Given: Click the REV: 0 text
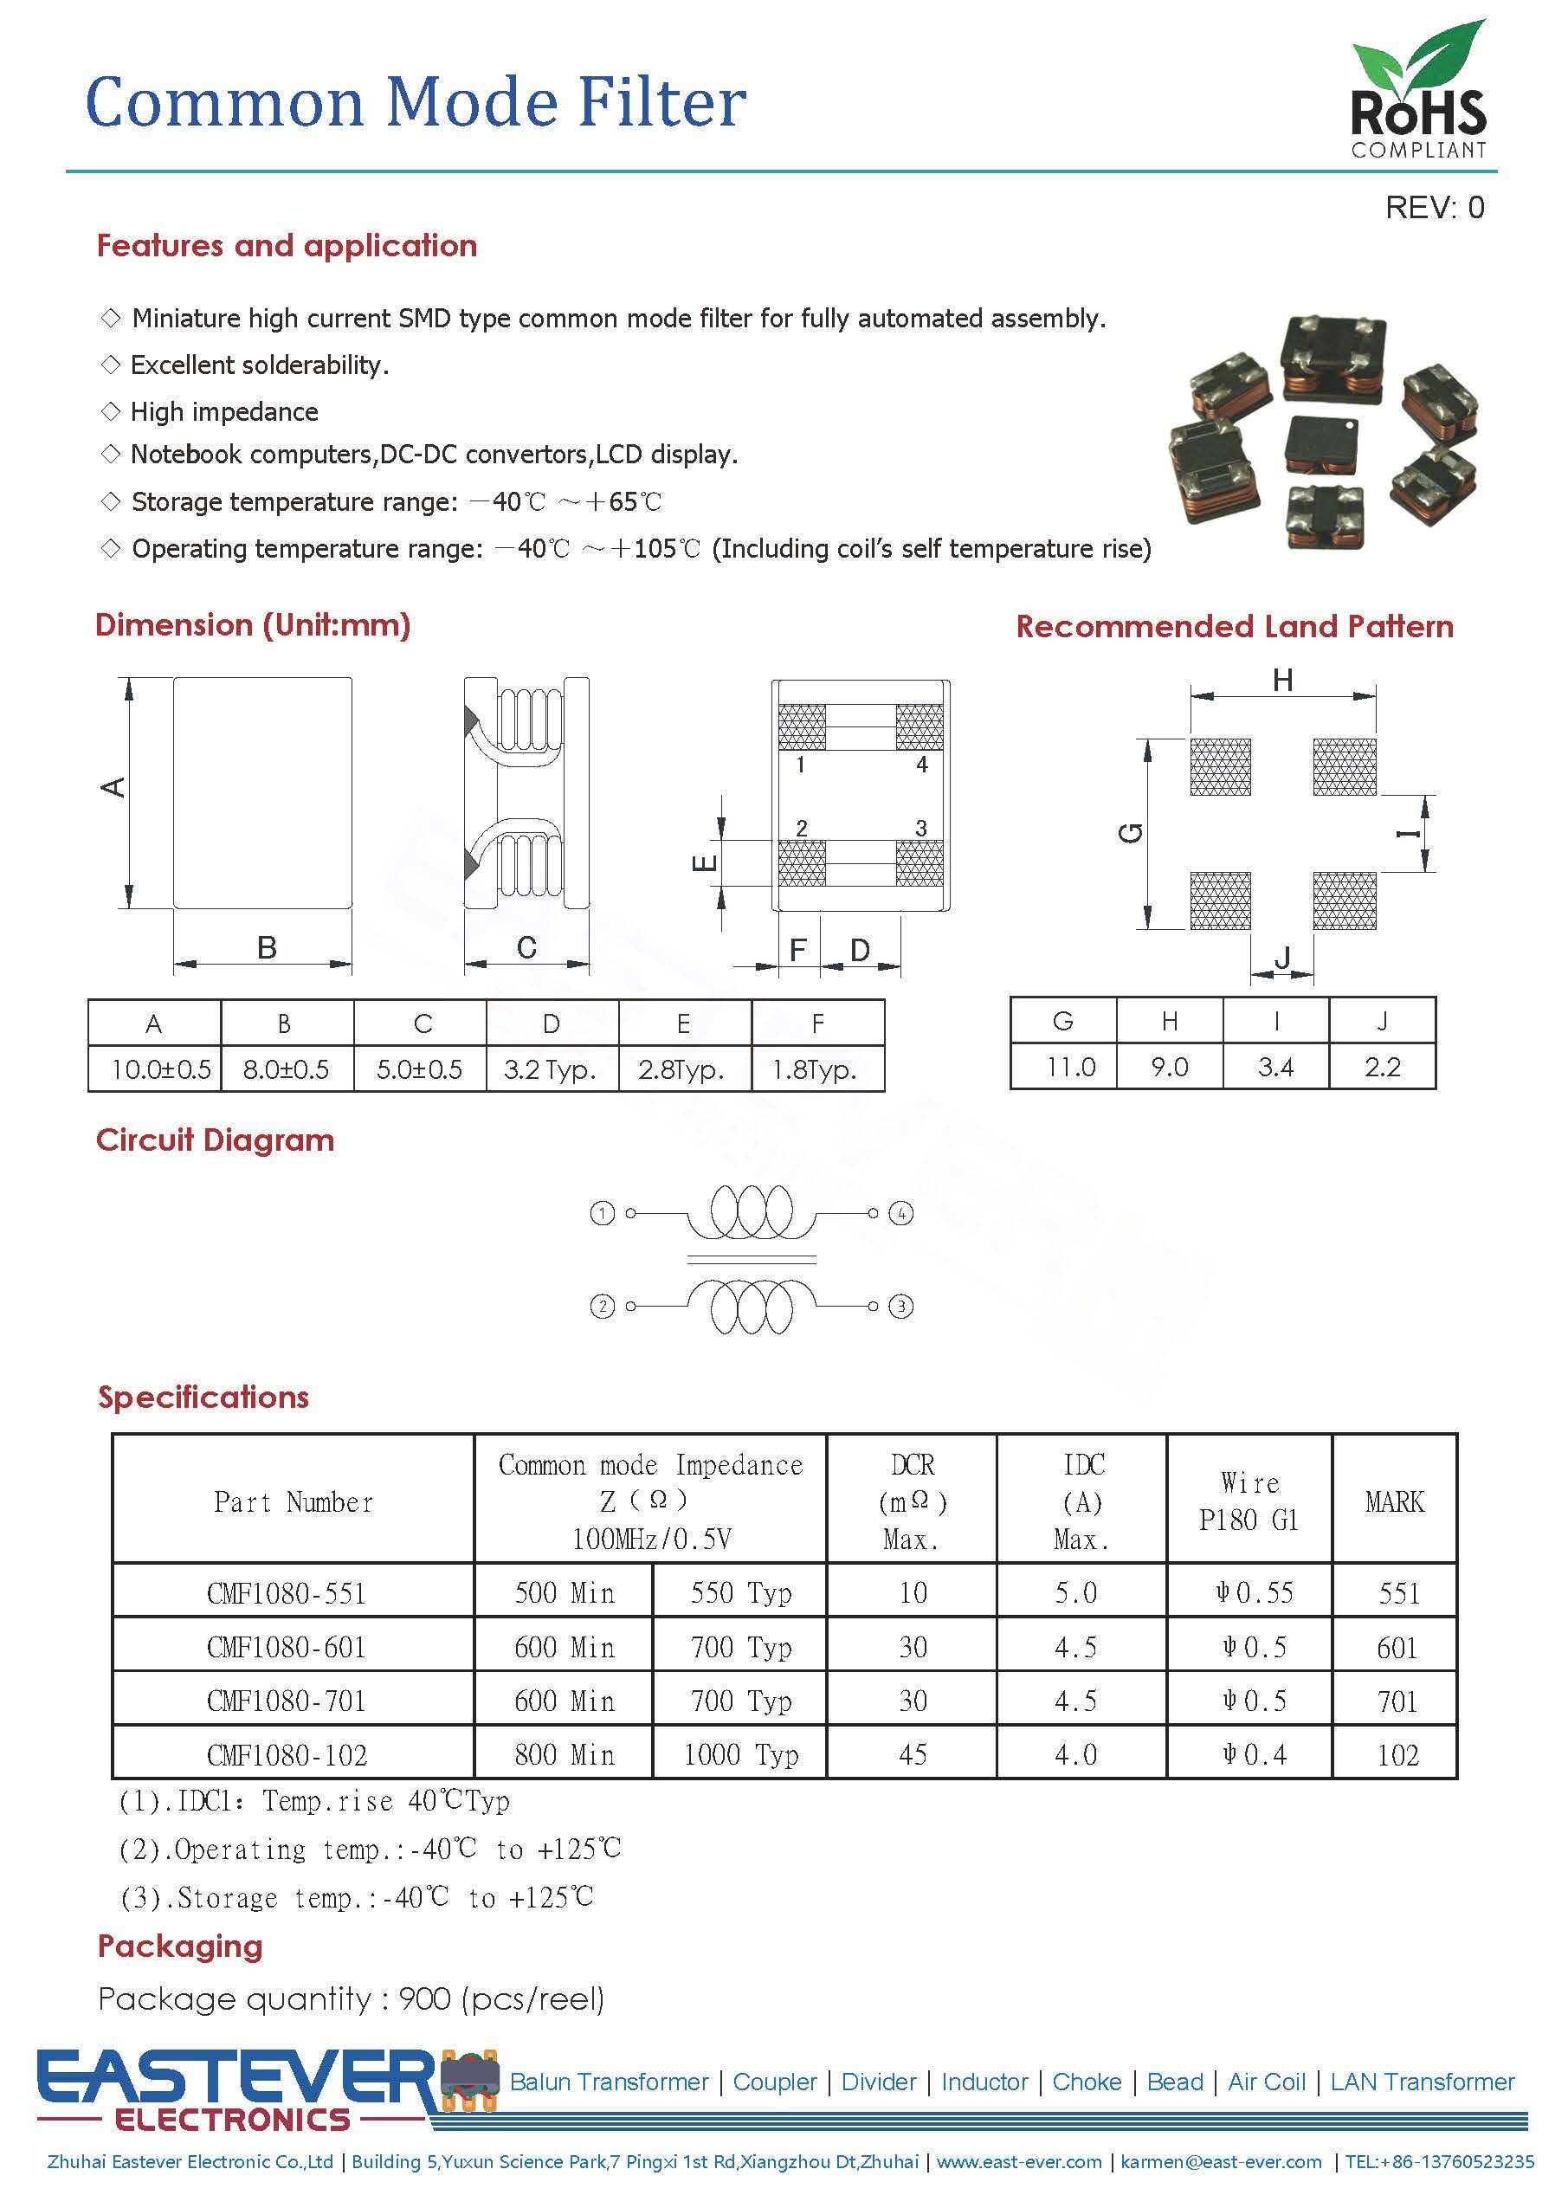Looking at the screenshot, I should (1434, 208).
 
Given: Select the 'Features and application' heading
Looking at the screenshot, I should (287, 245).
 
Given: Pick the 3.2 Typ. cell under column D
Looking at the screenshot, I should (550, 1068).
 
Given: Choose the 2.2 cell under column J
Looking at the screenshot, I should (1382, 1067).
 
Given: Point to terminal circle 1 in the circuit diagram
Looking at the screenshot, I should (603, 1214).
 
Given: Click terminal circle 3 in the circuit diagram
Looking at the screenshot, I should (900, 1307).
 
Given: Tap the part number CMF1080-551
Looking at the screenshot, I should (287, 1593).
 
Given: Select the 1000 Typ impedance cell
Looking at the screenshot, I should (740, 1754).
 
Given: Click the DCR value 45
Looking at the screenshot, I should (913, 1754).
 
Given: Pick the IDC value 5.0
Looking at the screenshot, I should (1075, 1593).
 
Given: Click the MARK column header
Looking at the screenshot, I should (1394, 1501).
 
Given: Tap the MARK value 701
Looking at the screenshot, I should (1397, 1701).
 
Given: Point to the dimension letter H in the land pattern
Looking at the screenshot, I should (1282, 681).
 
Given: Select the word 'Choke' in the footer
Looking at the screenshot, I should (1087, 2082).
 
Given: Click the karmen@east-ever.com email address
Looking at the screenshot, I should (1221, 2161).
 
